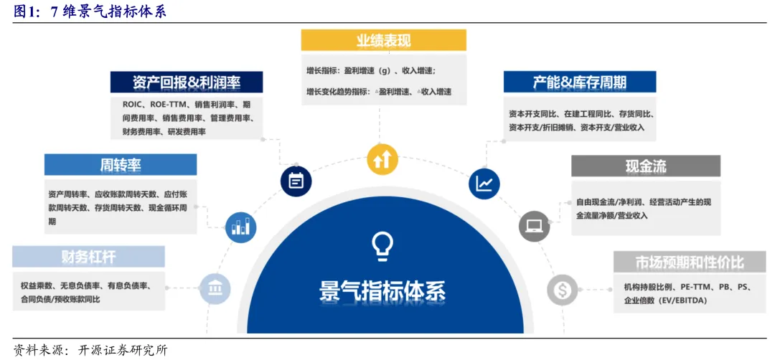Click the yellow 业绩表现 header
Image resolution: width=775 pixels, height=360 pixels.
pos(383,40)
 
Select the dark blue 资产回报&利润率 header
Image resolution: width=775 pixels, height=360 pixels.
pos(186,82)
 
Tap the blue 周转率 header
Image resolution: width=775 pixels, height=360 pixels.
pos(120,165)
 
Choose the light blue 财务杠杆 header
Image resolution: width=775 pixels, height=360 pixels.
pos(88,257)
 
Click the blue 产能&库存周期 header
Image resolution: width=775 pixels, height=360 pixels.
pos(579,82)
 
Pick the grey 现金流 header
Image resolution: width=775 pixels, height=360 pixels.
pos(645,166)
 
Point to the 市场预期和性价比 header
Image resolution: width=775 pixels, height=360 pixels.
pos(689,261)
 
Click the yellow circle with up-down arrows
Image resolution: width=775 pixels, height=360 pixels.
pos(382,159)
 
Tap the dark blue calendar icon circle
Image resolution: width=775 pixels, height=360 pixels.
pos(296,181)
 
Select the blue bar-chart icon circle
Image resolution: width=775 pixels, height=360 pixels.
pos(240,227)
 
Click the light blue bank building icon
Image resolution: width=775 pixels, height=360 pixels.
pos(215,288)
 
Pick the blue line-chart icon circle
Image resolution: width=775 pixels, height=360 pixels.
pos(484,184)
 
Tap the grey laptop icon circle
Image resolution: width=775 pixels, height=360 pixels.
pos(534,226)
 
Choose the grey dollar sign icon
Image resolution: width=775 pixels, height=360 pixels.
pos(562,290)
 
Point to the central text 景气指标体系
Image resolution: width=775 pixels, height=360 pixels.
pos(382,290)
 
